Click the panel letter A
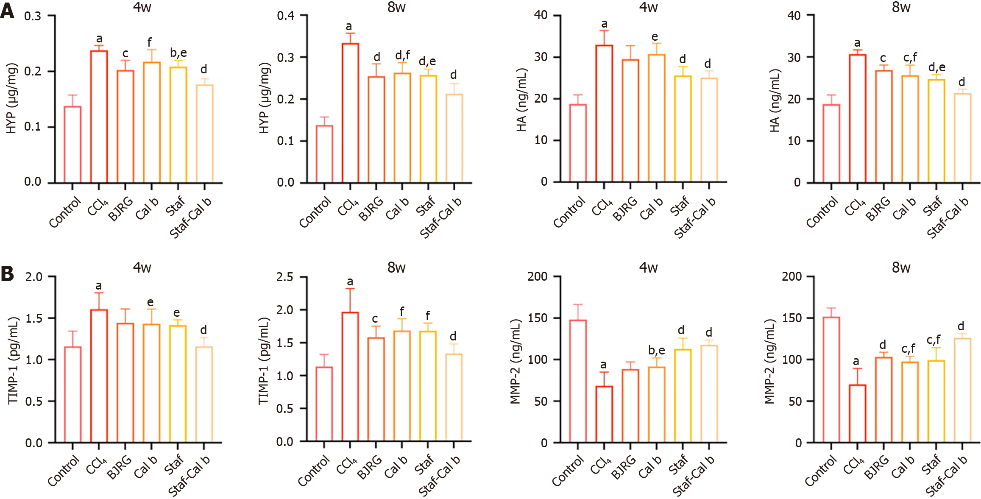(7, 11)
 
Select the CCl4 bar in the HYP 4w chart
(99, 117)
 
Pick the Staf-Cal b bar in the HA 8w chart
(962, 138)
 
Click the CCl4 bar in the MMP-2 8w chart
(857, 413)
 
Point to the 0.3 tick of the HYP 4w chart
(33, 16)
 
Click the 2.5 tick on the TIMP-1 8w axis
(284, 277)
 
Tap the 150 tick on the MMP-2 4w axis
(537, 318)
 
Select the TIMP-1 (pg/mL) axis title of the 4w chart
(13, 360)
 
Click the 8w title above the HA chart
(901, 7)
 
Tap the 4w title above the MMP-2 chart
(648, 268)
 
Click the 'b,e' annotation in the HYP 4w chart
(178, 53)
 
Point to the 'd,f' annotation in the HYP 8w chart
(402, 56)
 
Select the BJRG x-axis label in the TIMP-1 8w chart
(369, 467)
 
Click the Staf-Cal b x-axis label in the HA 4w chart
(694, 217)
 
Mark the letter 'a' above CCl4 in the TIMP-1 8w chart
(350, 282)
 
